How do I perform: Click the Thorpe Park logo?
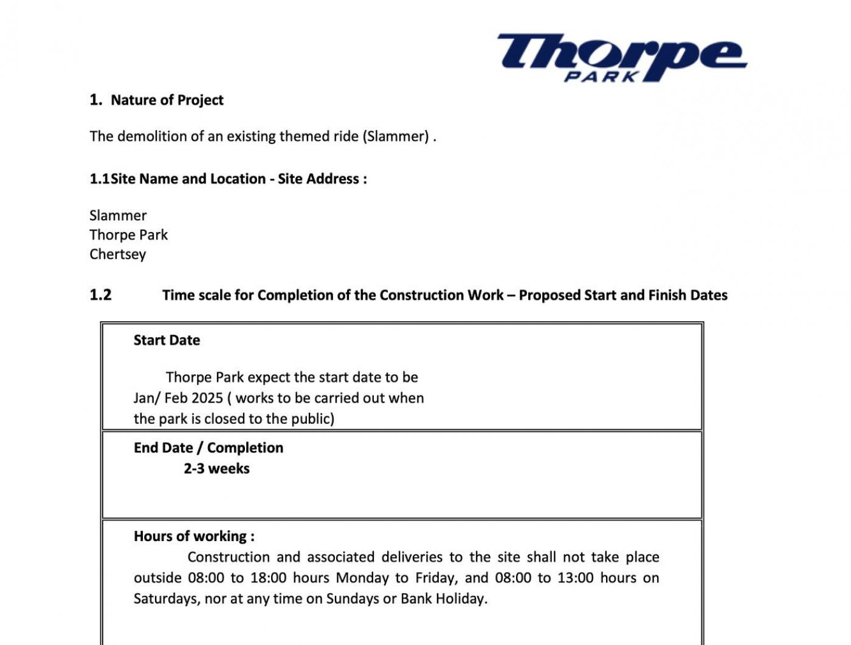621,57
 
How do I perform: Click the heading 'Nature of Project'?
167,100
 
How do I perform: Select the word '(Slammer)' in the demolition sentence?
396,136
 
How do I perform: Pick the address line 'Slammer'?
118,216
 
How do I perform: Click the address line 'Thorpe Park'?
128,235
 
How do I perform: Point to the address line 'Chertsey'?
117,254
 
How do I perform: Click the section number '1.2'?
100,295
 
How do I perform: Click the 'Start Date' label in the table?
167,340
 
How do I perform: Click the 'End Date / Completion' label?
208,448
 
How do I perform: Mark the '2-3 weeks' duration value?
216,469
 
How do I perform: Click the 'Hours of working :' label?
194,536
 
